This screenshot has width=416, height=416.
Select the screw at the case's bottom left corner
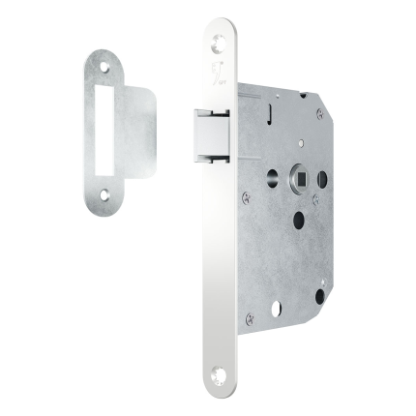pyautogui.click(x=250, y=317)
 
